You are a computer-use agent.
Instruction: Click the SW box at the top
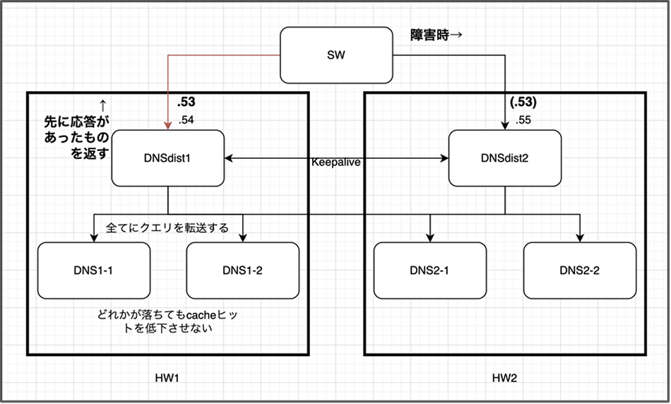[336, 54]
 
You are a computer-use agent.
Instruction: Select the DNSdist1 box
[168, 158]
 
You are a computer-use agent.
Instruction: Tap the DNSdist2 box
[504, 158]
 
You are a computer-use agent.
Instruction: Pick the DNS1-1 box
[94, 270]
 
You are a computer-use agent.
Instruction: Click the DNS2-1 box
[429, 270]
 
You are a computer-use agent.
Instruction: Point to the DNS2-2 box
[579, 270]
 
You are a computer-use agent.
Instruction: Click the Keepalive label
[336, 162]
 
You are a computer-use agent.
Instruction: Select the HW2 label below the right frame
[504, 379]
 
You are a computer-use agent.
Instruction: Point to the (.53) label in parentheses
[523, 103]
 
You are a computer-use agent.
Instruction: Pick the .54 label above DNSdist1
[186, 121]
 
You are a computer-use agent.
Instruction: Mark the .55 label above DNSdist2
[524, 120]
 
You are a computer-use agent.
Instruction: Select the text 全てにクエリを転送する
[167, 228]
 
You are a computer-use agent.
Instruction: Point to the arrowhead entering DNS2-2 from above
[579, 238]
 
